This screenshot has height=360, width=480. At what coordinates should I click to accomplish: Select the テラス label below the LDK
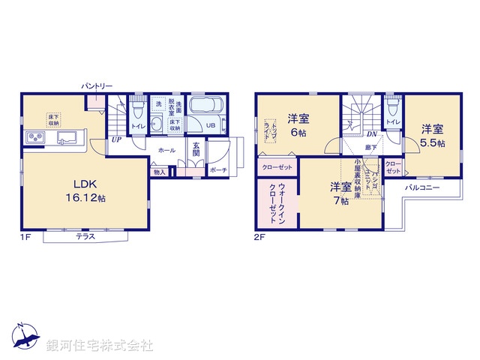click(x=85, y=236)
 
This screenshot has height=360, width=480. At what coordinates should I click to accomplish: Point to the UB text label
click(x=211, y=125)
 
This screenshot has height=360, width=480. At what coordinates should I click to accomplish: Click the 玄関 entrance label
click(x=194, y=149)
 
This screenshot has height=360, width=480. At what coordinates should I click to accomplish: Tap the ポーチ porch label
click(x=218, y=170)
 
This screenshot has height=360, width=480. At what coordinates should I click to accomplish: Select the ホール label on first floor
click(x=166, y=150)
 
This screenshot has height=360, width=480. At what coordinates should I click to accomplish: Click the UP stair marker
click(x=116, y=139)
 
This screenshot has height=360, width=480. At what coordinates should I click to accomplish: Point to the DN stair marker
click(x=371, y=134)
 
